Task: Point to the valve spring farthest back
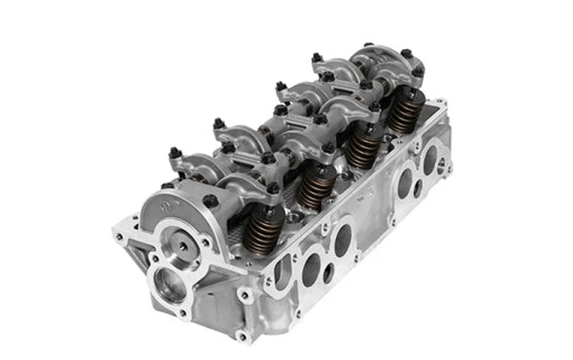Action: pos(404,113)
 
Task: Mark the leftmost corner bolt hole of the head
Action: pos(120,236)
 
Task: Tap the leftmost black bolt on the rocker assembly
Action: pos(174,152)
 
